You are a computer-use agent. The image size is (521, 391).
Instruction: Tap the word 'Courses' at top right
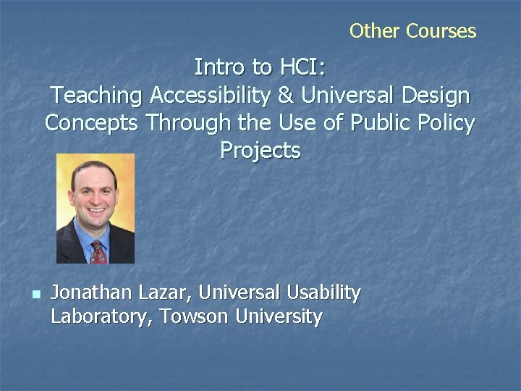[441, 31]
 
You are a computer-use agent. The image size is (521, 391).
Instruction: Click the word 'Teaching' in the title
[96, 96]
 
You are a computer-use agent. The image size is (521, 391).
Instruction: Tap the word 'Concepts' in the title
[92, 123]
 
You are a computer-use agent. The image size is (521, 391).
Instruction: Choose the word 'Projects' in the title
[260, 151]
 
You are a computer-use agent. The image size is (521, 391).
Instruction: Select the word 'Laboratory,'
[103, 316]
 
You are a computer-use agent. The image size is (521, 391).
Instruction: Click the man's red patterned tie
[98, 253]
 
